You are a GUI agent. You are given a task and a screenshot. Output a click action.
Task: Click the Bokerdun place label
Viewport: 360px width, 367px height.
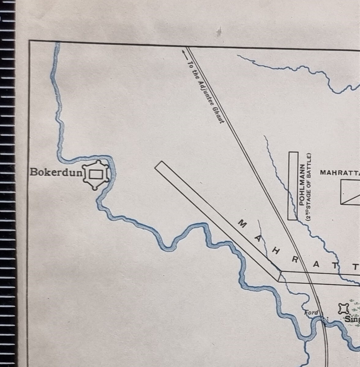[56, 172]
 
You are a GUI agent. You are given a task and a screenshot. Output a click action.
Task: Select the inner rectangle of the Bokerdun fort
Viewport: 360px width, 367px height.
[96, 175]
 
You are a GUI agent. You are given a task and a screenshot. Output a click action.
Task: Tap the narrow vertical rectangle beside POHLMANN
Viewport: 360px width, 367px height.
[293, 186]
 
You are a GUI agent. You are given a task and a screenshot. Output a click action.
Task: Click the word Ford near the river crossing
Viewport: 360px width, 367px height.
[311, 313]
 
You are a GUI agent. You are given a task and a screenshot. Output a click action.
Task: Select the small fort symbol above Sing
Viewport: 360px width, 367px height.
[344, 309]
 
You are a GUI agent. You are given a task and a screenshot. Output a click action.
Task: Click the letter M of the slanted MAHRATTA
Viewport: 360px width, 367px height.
[242, 224]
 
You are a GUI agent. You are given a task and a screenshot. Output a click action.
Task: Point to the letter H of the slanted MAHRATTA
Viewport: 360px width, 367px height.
[276, 251]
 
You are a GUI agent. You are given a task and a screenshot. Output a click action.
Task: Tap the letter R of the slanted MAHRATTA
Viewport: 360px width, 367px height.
[295, 260]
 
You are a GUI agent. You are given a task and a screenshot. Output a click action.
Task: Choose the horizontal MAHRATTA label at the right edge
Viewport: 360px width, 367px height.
[340, 173]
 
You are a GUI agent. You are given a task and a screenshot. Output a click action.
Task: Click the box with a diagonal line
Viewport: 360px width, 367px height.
[350, 192]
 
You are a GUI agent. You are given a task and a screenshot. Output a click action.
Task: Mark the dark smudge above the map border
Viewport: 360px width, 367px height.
[219, 31]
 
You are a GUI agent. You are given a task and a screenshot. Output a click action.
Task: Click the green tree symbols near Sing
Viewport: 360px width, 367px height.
[355, 309]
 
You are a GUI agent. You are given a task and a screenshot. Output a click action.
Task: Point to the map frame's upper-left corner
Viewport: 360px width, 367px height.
[29, 41]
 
